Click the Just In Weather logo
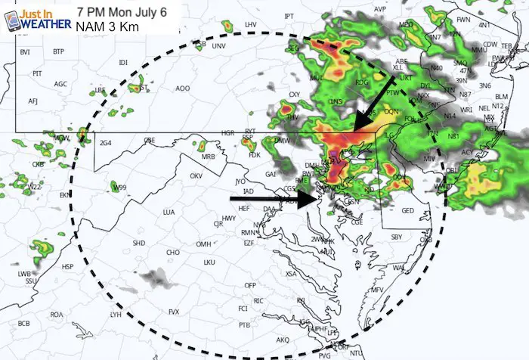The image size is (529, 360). pyautogui.click(x=35, y=19)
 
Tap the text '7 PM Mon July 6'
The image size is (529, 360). pyautogui.click(x=121, y=12)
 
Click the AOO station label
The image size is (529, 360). pyautogui.click(x=182, y=88)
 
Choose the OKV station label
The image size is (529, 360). pyautogui.click(x=196, y=175)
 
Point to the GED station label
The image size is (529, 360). pyautogui.click(x=407, y=210)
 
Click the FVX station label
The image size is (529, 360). pyautogui.click(x=174, y=312)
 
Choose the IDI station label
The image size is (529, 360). pyautogui.click(x=123, y=63)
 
